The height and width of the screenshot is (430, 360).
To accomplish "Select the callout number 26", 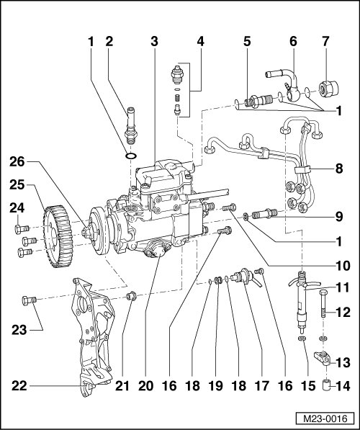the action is pyautogui.click(x=17, y=162).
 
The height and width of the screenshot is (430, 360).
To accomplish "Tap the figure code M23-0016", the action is pyautogui.click(x=325, y=418).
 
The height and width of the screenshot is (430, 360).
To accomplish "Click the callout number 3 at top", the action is pyautogui.click(x=154, y=41).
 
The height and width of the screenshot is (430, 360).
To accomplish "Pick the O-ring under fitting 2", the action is pyautogui.click(x=130, y=156).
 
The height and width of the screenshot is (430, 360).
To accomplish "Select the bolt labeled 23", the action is pyautogui.click(x=29, y=300).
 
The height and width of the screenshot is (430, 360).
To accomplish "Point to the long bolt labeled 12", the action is pyautogui.click(x=323, y=303).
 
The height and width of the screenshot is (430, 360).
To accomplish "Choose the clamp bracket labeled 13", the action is pyautogui.click(x=323, y=359).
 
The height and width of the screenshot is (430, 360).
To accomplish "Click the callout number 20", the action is pyautogui.click(x=145, y=386).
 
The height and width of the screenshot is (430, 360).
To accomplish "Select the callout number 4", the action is pyautogui.click(x=200, y=41).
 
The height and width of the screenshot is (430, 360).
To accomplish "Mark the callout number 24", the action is pyautogui.click(x=17, y=208).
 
